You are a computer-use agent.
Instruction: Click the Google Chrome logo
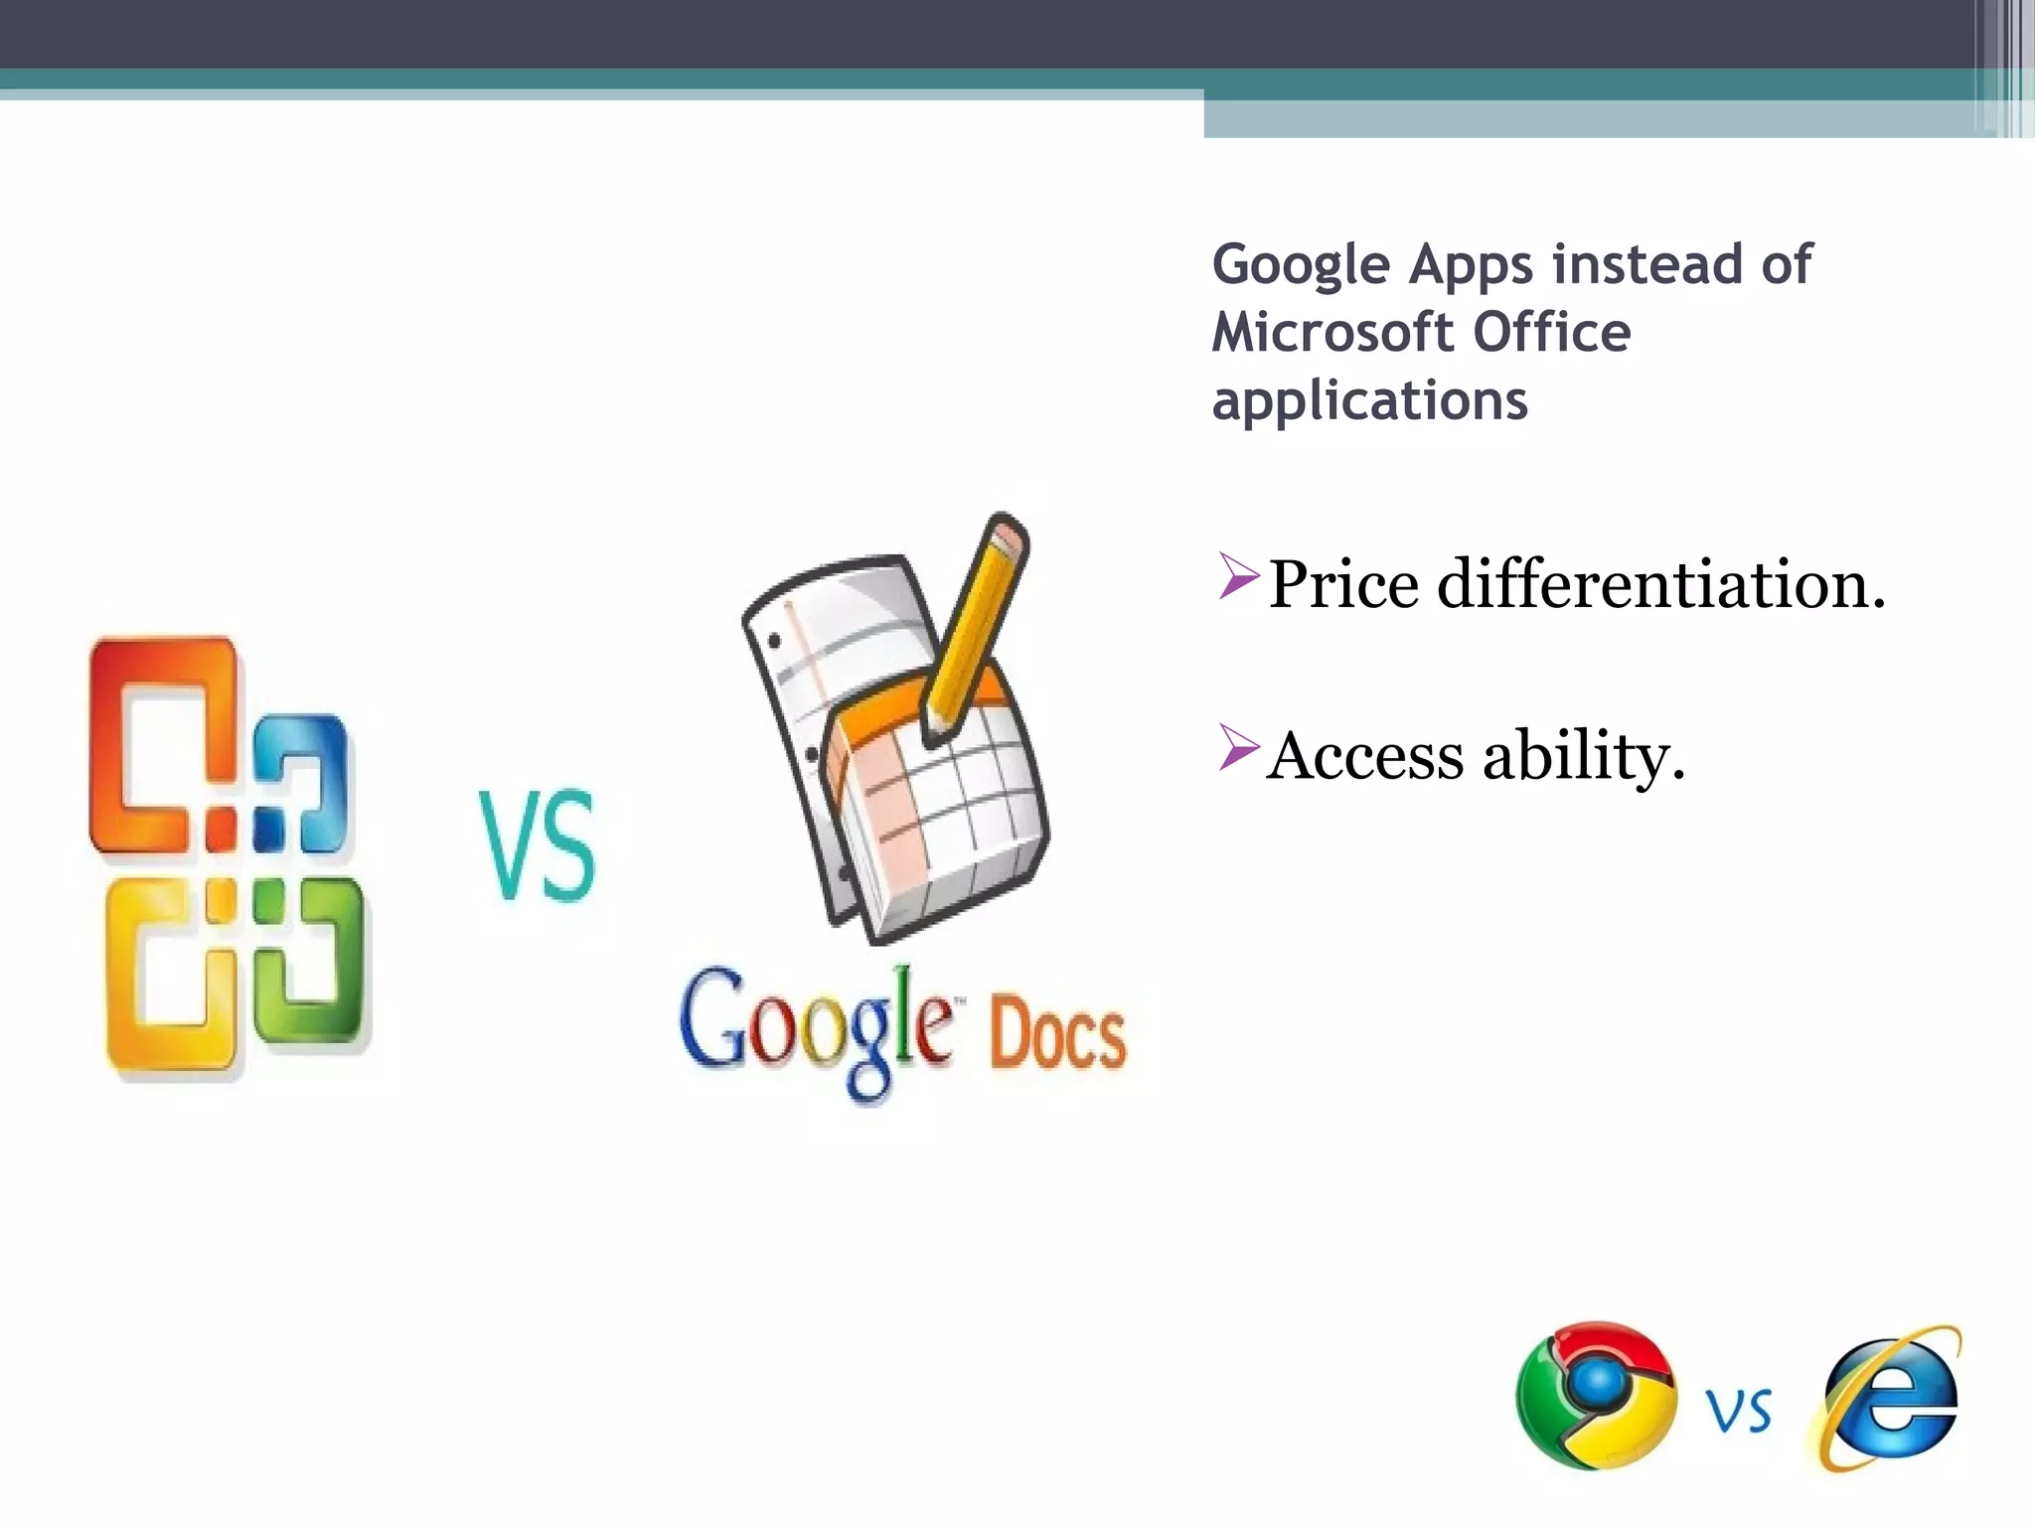click(x=1595, y=1395)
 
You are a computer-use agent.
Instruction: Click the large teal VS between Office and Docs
click(x=538, y=845)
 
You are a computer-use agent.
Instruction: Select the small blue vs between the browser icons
click(x=1739, y=1411)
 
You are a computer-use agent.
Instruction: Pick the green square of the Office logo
click(x=310, y=959)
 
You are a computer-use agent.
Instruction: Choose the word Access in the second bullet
click(x=1364, y=756)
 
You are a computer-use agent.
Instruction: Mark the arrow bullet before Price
click(x=1238, y=577)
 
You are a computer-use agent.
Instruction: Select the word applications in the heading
click(x=1369, y=401)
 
